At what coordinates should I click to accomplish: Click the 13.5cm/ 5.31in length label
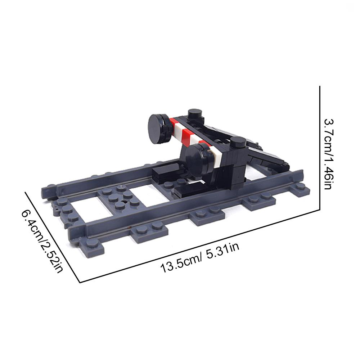coord(200,258)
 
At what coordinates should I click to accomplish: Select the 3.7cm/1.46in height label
coord(329,154)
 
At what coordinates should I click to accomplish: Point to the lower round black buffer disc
coord(196,161)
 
